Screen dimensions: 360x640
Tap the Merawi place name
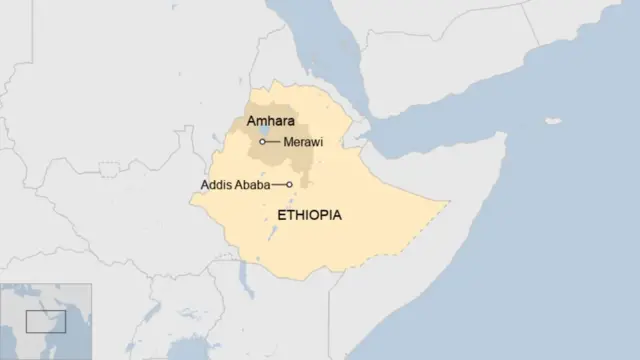pos(303,142)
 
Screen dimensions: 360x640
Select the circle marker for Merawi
pos(262,142)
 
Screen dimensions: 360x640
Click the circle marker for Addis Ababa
pos(290,185)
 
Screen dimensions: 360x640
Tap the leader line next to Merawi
pos(273,142)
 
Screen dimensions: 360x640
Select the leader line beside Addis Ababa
pos(279,185)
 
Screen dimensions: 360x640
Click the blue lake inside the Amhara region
pos(262,129)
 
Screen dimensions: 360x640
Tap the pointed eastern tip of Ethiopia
pos(446,207)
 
